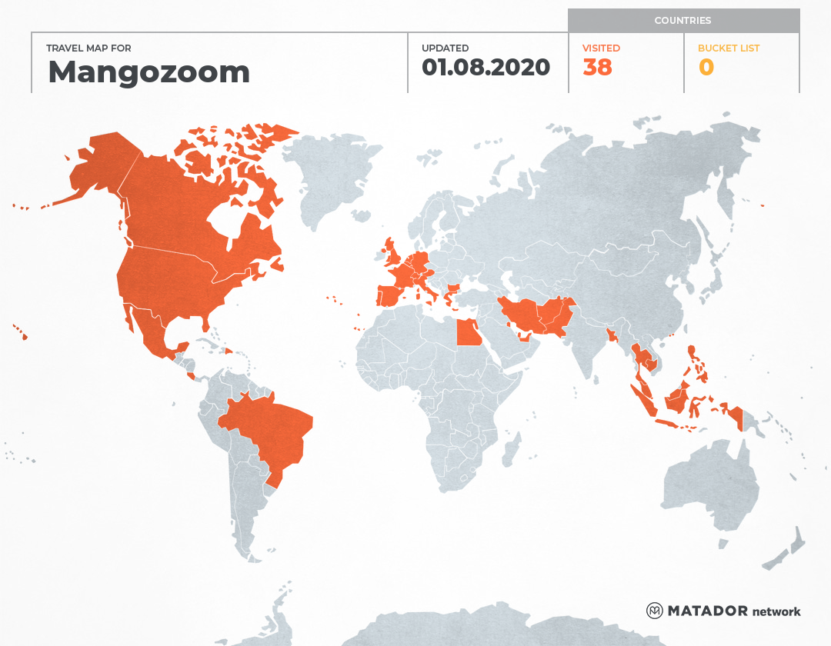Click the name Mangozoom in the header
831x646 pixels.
coord(149,72)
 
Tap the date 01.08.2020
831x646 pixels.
coord(486,68)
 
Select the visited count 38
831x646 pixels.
coord(597,68)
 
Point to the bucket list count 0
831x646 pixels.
coord(706,68)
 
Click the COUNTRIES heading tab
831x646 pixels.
coord(682,21)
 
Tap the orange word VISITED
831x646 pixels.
coord(601,48)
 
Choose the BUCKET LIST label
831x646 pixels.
coord(728,48)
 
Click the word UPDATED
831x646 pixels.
coord(445,48)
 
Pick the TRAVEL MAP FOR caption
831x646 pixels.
coord(89,48)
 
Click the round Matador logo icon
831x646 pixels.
coord(655,611)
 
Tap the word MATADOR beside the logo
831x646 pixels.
coord(707,611)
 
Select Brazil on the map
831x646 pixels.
coord(269,431)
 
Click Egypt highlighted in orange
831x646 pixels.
coord(469,333)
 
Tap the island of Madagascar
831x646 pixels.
coord(510,450)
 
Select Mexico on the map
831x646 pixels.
coord(150,331)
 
